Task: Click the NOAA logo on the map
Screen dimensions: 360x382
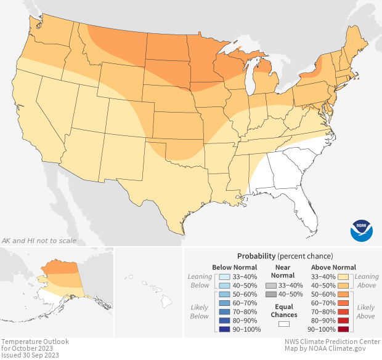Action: click(362, 230)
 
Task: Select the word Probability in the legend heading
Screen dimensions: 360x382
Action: click(256, 255)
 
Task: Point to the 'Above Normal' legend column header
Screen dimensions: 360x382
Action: click(334, 267)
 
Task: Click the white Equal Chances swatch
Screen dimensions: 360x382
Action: click(283, 324)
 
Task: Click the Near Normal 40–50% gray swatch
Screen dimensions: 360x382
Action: click(271, 295)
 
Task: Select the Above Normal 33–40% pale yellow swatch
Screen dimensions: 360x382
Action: click(344, 277)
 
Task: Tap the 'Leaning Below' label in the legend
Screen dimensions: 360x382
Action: click(200, 281)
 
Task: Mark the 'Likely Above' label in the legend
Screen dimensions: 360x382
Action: click(366, 312)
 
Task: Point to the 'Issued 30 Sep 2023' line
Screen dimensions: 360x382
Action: click(31, 355)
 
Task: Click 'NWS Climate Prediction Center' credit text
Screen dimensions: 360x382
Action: click(332, 342)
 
